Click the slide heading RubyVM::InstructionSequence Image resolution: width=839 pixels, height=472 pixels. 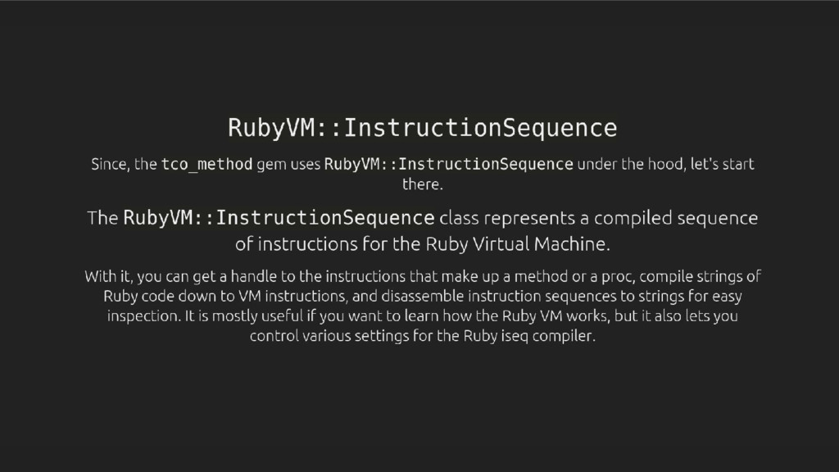coord(421,129)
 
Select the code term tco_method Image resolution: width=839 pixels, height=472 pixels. coord(206,165)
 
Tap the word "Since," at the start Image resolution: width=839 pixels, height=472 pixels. coord(111,165)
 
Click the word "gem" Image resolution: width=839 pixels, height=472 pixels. coord(270,165)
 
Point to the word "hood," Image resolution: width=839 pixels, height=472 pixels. coord(669,165)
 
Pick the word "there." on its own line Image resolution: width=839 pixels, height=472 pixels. coord(422,184)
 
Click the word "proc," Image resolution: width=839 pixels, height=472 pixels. coord(557,275)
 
